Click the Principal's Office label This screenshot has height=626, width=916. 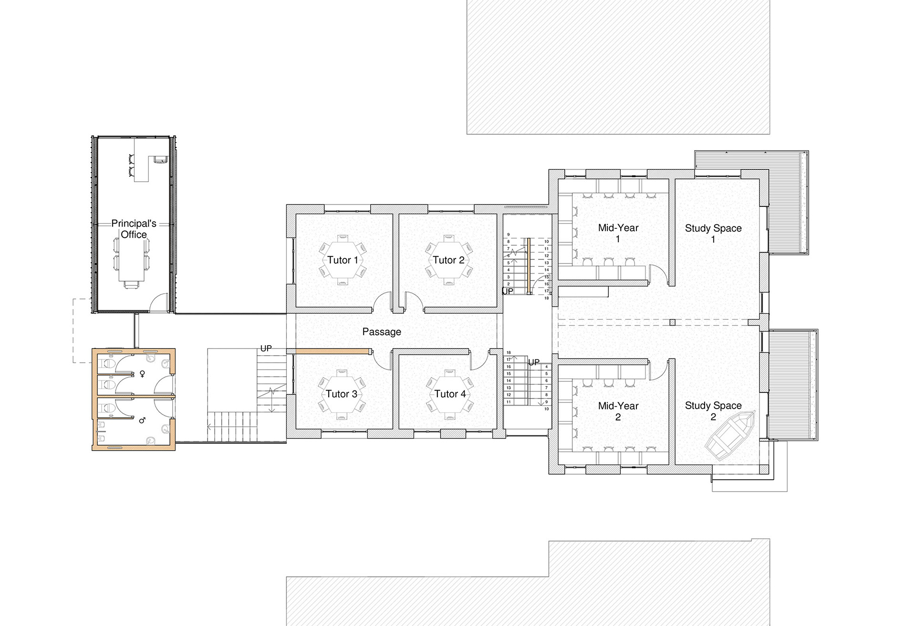pyautogui.click(x=134, y=229)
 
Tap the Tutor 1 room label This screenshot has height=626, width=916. pyautogui.click(x=343, y=260)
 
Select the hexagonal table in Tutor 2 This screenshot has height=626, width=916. pyautogui.click(x=448, y=260)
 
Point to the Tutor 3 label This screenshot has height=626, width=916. pyautogui.click(x=342, y=394)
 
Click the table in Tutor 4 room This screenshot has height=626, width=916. pyautogui.click(x=449, y=394)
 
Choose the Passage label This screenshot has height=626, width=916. pyautogui.click(x=382, y=332)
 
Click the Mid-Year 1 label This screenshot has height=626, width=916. pyautogui.click(x=618, y=233)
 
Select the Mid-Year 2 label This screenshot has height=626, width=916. pyautogui.click(x=618, y=411)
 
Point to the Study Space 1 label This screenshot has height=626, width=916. pyautogui.click(x=713, y=234)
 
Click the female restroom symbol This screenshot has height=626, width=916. pyautogui.click(x=142, y=374)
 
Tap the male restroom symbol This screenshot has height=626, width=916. pyautogui.click(x=142, y=420)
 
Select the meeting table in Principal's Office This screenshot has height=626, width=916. pyautogui.click(x=132, y=260)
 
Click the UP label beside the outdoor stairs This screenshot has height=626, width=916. pyautogui.click(x=266, y=349)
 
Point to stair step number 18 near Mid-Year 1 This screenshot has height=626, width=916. pyautogui.click(x=547, y=298)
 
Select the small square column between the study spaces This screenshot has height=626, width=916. pyautogui.click(x=673, y=323)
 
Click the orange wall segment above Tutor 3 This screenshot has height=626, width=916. pyautogui.click(x=333, y=351)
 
